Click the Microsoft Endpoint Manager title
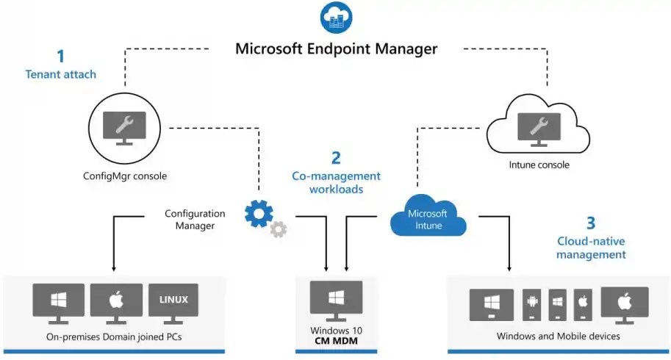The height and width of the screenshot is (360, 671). (336, 49)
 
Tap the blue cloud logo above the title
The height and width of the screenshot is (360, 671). (336, 16)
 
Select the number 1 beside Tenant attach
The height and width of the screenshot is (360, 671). (60, 56)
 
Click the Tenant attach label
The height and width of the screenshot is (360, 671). (60, 74)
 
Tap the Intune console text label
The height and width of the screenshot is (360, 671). (539, 165)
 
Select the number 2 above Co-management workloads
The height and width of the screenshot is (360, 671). (336, 157)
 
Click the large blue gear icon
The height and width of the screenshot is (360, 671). (259, 213)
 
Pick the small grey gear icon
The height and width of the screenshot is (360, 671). (279, 229)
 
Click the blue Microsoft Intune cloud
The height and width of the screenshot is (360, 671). (428, 215)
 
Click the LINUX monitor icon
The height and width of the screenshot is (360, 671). (173, 303)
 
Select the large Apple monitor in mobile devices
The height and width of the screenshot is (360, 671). (624, 303)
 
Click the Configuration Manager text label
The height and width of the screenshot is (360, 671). (195, 220)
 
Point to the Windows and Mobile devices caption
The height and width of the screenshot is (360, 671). (558, 336)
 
